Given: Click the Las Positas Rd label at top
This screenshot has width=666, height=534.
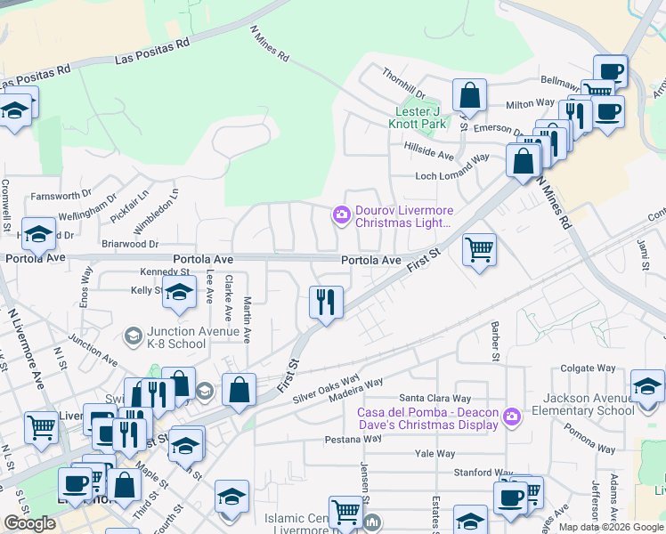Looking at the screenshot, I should (153, 53).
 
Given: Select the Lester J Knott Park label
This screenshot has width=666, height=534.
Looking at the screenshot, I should (420, 117).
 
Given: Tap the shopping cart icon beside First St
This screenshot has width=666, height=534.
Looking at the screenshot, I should (479, 249).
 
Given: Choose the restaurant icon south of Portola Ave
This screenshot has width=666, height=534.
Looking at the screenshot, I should (326, 303).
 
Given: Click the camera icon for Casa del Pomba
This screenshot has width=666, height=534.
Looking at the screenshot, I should (511, 416).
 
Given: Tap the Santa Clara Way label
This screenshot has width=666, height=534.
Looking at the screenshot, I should (435, 397).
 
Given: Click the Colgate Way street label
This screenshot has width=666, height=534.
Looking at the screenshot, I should (589, 368).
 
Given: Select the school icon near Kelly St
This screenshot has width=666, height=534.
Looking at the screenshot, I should (179, 294).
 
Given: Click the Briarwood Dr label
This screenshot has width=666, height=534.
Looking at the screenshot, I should (129, 243).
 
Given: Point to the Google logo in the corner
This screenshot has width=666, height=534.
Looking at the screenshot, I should (29, 523).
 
